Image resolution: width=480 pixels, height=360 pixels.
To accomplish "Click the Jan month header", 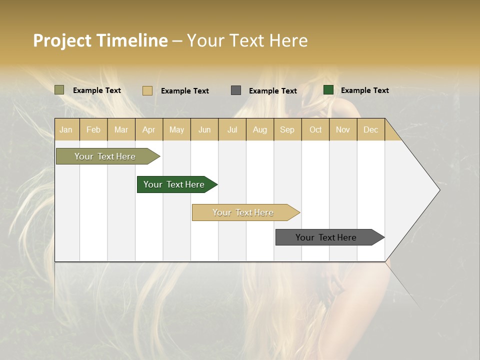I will point(66,129).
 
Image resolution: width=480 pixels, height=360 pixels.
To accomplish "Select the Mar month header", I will point(121,129).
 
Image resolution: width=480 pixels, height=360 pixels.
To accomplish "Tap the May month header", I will point(176,129).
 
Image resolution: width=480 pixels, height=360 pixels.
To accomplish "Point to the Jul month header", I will point(232,129).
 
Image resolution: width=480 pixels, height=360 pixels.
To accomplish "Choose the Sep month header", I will point(287,129).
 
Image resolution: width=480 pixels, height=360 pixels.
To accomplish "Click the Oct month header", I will point(315,129).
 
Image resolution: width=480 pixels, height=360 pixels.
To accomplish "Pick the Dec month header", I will point(370,129).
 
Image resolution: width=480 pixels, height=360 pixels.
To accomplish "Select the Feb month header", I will point(93,129).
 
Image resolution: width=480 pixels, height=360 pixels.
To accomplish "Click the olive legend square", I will point(59,90).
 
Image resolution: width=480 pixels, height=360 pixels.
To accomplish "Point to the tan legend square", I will point(147,90).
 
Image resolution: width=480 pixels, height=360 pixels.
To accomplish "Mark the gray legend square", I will point(236,90).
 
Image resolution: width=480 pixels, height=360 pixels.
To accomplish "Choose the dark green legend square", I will point(328,90).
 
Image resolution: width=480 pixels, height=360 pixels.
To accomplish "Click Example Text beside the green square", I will point(364,90).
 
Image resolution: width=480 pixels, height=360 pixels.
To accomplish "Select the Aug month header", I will point(259,129).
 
